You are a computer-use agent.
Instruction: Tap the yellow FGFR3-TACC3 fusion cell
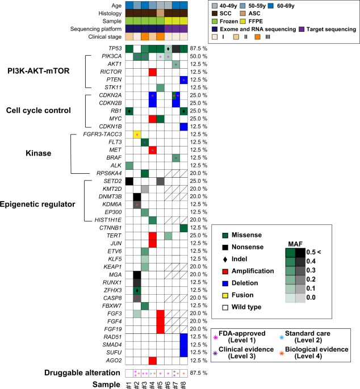tap(137, 135)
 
